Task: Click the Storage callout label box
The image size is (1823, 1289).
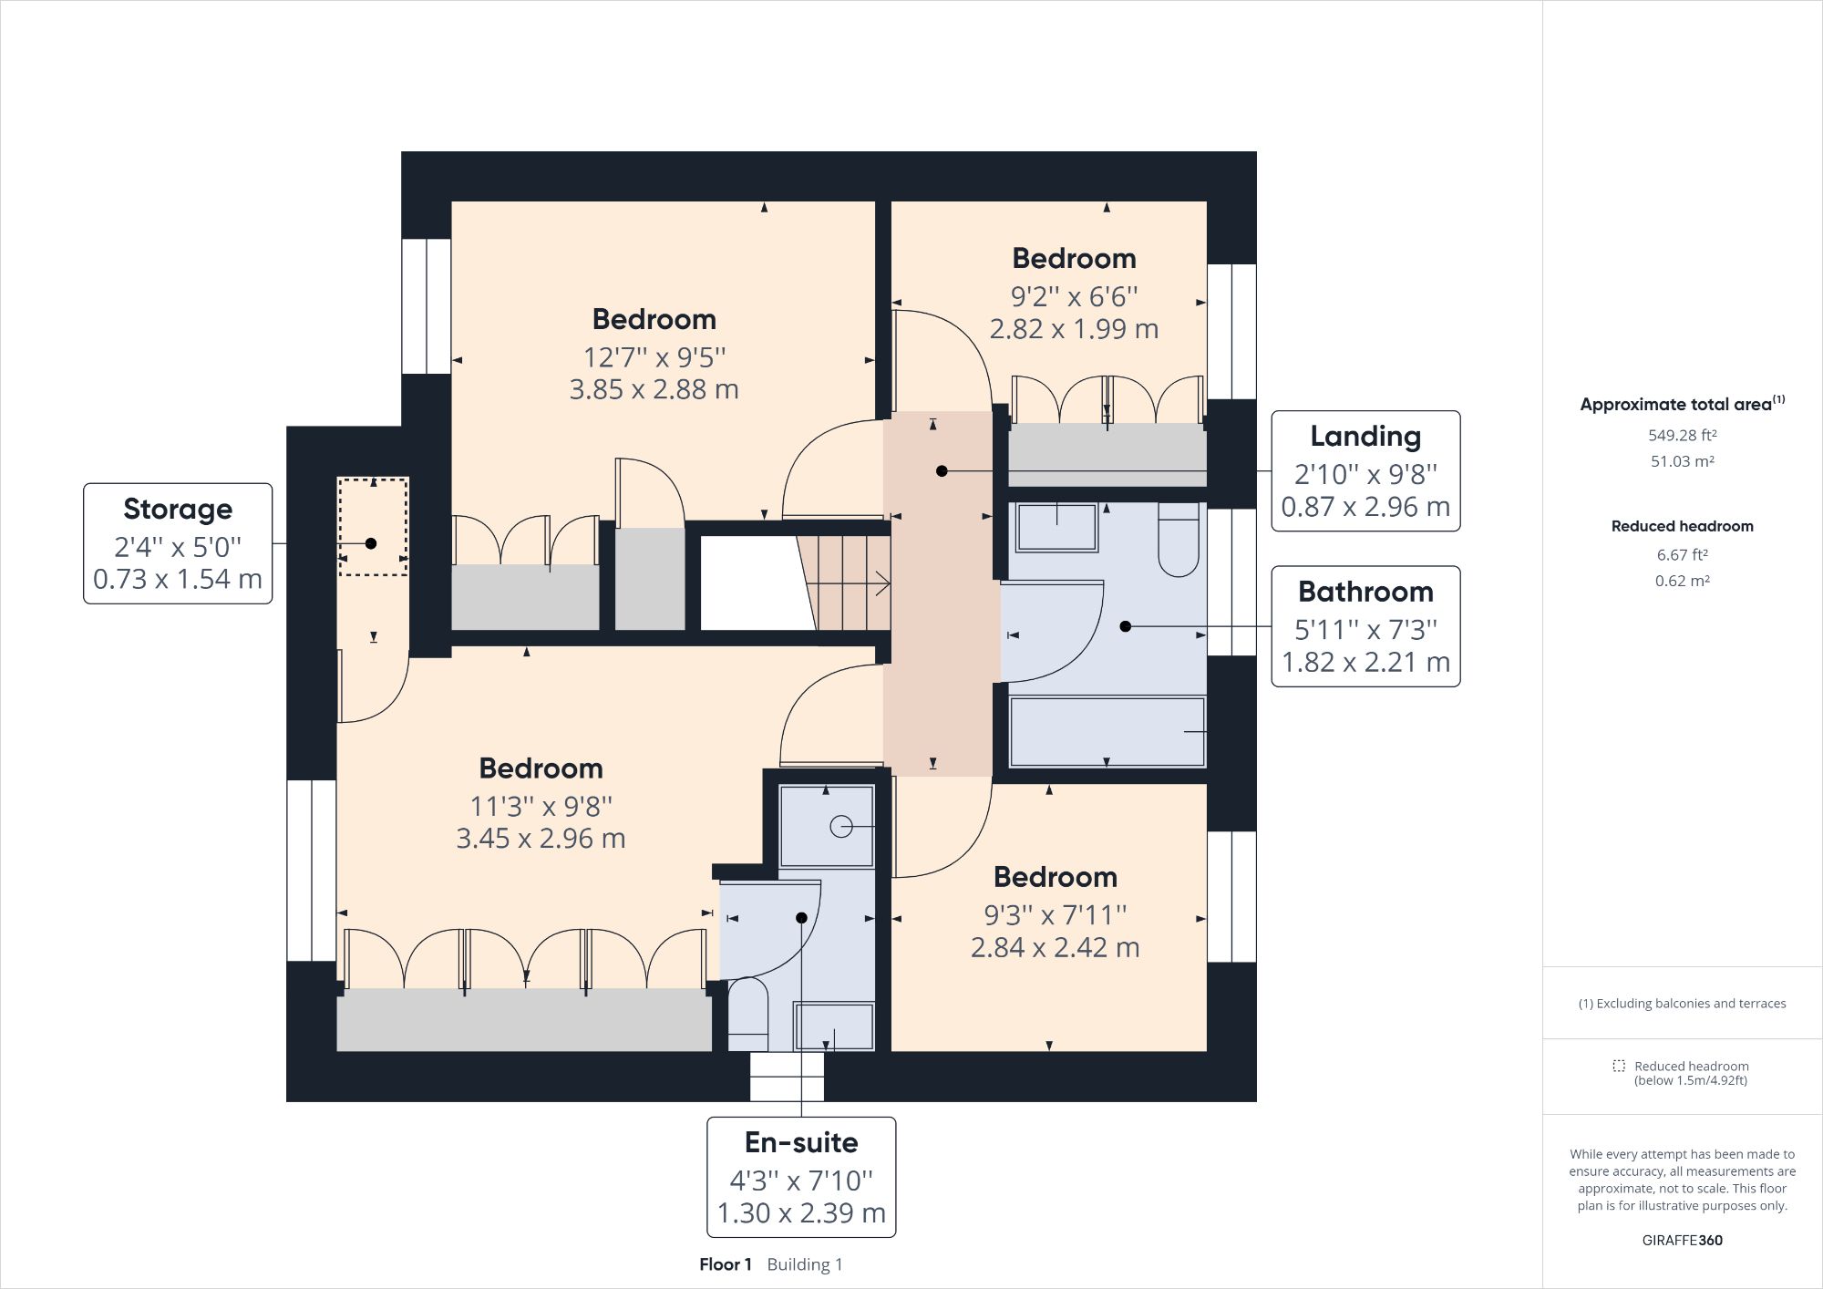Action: (x=178, y=543)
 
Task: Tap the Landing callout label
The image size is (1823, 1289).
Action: (x=1365, y=470)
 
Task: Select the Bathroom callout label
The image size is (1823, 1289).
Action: (x=1365, y=626)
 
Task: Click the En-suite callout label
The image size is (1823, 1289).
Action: (x=801, y=1177)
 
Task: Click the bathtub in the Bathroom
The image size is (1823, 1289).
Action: (x=1107, y=732)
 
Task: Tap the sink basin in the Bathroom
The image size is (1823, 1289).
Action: (x=1056, y=528)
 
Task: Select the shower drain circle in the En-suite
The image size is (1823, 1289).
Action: (x=840, y=827)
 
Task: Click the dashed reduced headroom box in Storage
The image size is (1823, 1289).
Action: (x=373, y=526)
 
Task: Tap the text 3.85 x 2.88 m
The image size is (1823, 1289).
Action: (x=654, y=389)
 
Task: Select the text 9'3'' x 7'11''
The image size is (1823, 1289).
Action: (x=1055, y=914)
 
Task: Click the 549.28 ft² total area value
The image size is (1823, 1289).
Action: (x=1682, y=435)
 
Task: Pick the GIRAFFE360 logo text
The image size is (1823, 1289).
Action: (x=1682, y=1240)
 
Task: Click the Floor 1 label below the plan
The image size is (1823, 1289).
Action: (x=726, y=1264)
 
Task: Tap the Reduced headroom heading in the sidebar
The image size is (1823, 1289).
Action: (x=1682, y=526)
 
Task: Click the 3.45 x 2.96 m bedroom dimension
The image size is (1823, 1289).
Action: (x=541, y=839)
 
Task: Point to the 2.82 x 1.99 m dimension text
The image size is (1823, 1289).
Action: (x=1074, y=329)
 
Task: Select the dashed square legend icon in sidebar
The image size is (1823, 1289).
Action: (x=1619, y=1066)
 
